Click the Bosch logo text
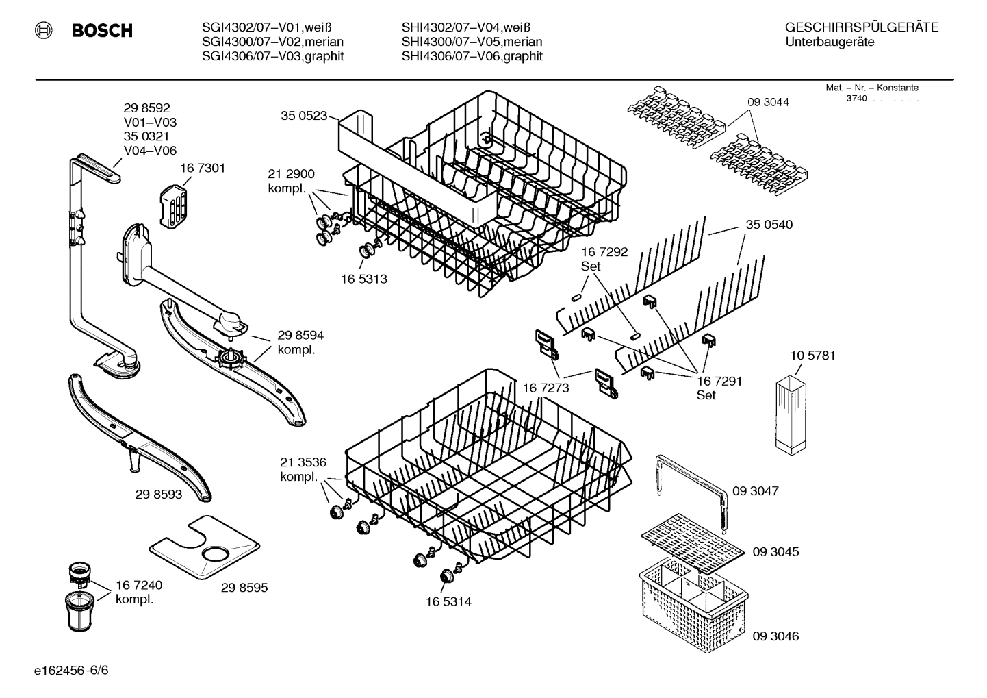tap(101, 31)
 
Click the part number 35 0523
tap(304, 116)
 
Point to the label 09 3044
tap(768, 102)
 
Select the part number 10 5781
tap(812, 356)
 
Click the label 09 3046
tap(775, 636)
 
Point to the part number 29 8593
tap(159, 494)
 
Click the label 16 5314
tap(448, 601)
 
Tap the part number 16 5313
tap(363, 279)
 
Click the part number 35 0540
tap(769, 225)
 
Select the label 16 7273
tap(546, 388)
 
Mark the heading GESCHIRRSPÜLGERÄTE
tap(861, 27)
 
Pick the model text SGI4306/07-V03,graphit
tap(272, 56)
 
